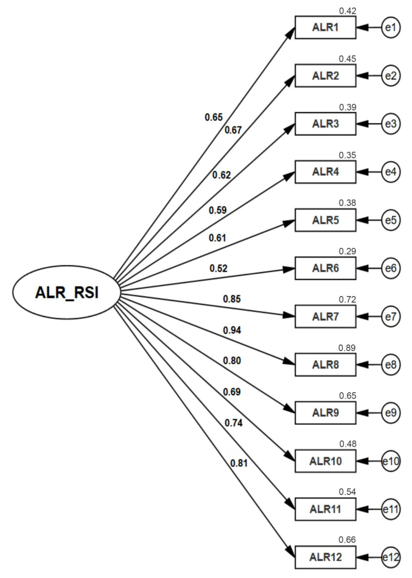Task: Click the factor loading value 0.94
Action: point(232,330)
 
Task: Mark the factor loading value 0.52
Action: point(218,268)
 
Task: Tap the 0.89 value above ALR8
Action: point(347,348)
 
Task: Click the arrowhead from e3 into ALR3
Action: point(362,124)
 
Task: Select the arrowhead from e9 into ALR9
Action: point(362,413)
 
